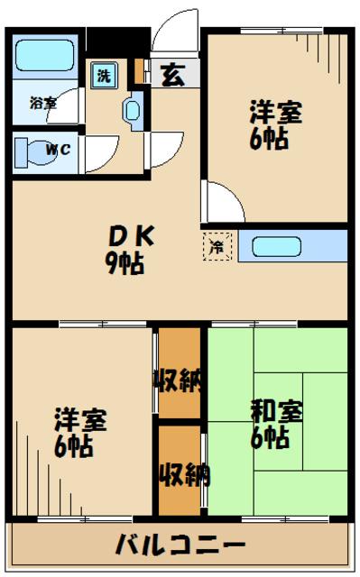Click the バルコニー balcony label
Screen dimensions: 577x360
180,545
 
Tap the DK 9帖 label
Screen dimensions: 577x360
133,250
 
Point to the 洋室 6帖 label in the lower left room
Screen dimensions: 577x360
74,433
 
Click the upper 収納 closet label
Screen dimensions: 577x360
179,380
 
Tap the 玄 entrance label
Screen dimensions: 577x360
171,74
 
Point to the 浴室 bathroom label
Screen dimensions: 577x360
42,104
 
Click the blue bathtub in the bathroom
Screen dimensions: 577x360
47,56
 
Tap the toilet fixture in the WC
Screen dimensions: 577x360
31,151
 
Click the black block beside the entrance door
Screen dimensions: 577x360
118,41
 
